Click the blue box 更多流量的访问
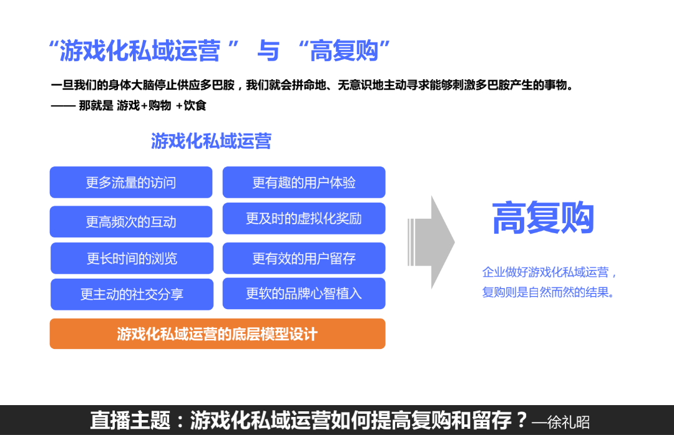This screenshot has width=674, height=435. coord(131,183)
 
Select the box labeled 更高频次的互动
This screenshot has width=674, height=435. coord(131,222)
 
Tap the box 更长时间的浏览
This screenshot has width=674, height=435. coord(132,259)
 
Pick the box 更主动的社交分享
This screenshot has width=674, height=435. coord(132,294)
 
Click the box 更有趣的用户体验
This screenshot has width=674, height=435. coord(304,183)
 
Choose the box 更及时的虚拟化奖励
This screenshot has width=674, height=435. coord(304,219)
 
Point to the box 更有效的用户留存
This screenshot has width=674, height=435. coord(304,259)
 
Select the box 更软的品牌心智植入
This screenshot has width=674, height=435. coord(304,294)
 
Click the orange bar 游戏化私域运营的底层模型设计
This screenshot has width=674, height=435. coord(217,334)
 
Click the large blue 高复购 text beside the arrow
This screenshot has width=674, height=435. coord(543,218)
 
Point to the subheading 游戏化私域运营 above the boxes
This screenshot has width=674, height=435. coord(211,141)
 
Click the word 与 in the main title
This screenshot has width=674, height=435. coord(268,51)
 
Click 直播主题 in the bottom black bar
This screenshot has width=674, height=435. coord(130,420)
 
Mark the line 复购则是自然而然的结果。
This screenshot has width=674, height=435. coord(549,292)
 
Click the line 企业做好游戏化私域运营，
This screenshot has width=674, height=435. coord(550,272)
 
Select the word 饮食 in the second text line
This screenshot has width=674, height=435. coord(195,106)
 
